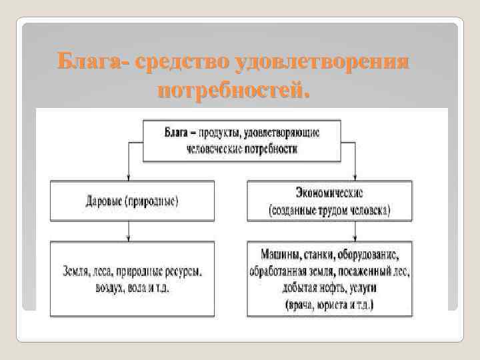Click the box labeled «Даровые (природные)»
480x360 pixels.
click(132, 200)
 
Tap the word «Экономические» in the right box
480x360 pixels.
click(329, 192)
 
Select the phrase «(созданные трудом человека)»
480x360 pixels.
click(330, 210)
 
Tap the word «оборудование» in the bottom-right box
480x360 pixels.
click(367, 255)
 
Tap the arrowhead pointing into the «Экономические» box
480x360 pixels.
click(358, 177)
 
